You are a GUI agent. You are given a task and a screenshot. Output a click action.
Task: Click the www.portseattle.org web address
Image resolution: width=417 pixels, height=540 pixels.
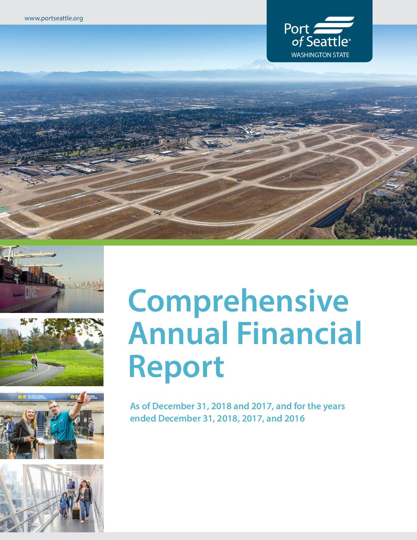54,18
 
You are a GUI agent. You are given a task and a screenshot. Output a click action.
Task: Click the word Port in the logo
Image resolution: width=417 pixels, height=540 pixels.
297,29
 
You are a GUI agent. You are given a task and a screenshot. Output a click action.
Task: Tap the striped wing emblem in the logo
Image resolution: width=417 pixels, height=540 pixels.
334,25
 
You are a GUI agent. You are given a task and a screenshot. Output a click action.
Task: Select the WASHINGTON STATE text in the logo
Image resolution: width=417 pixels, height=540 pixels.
320,55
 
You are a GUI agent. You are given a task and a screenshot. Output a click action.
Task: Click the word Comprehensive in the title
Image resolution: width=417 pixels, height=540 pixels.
238,302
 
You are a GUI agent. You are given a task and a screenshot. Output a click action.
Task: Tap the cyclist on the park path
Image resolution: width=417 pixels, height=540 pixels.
34,362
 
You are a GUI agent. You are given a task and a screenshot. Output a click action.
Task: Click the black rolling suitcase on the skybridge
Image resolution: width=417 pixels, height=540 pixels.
76,512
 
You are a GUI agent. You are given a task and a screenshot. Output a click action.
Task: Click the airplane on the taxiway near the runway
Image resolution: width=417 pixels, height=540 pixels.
158,212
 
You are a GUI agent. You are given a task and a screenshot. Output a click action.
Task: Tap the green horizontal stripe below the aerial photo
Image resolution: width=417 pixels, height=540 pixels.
208,242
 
